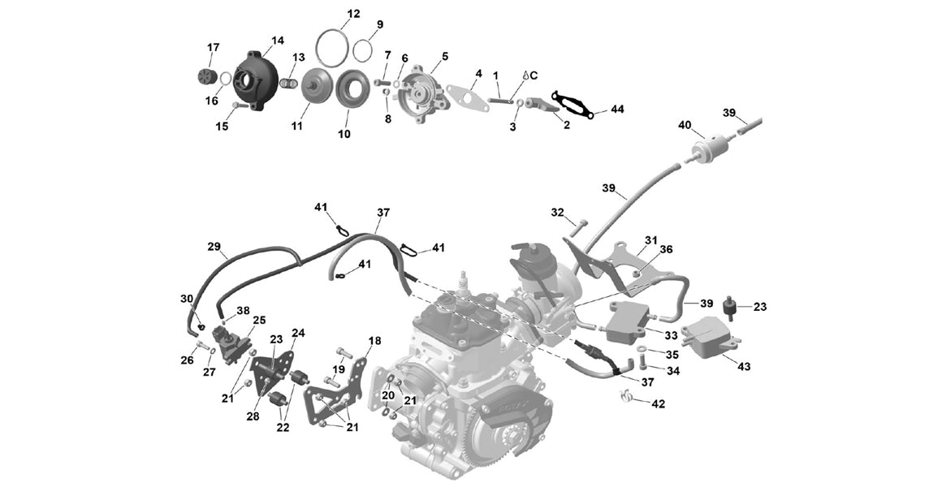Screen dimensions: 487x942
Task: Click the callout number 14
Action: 278,41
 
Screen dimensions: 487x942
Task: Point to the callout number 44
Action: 617,109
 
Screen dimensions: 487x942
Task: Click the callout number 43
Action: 744,366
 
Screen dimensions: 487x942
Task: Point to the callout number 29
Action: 214,246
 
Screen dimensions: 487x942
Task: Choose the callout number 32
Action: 557,213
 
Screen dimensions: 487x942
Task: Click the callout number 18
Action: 374,341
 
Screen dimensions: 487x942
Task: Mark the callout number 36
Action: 666,249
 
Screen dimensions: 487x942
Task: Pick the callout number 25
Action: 259,320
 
